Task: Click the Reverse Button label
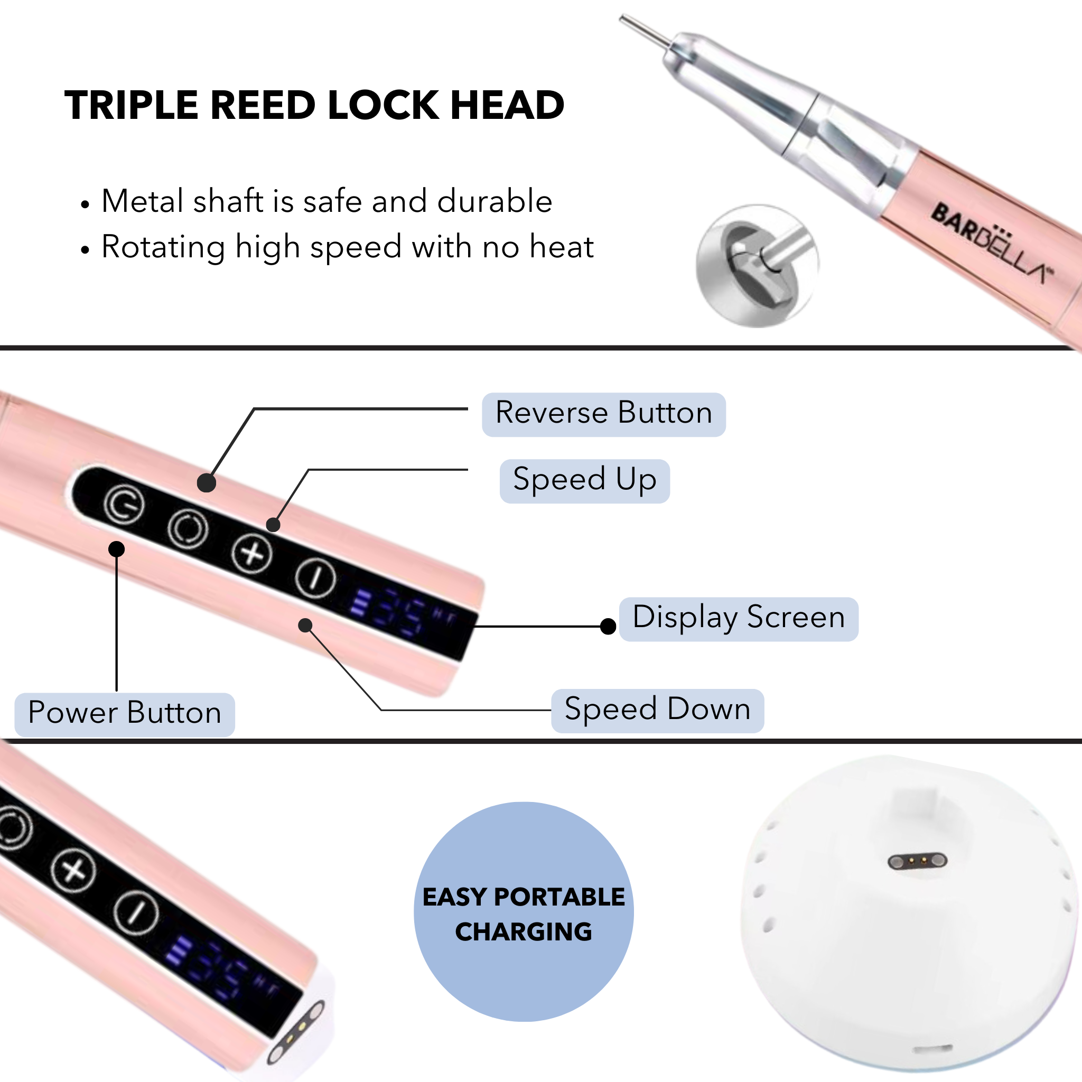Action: (603, 414)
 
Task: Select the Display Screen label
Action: (738, 618)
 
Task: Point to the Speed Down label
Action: (657, 710)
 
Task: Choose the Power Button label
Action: (124, 713)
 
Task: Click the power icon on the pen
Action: (124, 505)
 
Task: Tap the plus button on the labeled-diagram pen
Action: (252, 553)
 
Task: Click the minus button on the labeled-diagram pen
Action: (316, 577)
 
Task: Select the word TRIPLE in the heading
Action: (132, 105)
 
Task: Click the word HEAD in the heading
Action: (507, 105)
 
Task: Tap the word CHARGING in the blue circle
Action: (523, 932)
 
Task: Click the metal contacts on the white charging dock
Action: (917, 861)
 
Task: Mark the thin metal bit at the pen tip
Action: (644, 31)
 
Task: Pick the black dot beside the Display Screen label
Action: (608, 626)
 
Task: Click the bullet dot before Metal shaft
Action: (85, 204)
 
